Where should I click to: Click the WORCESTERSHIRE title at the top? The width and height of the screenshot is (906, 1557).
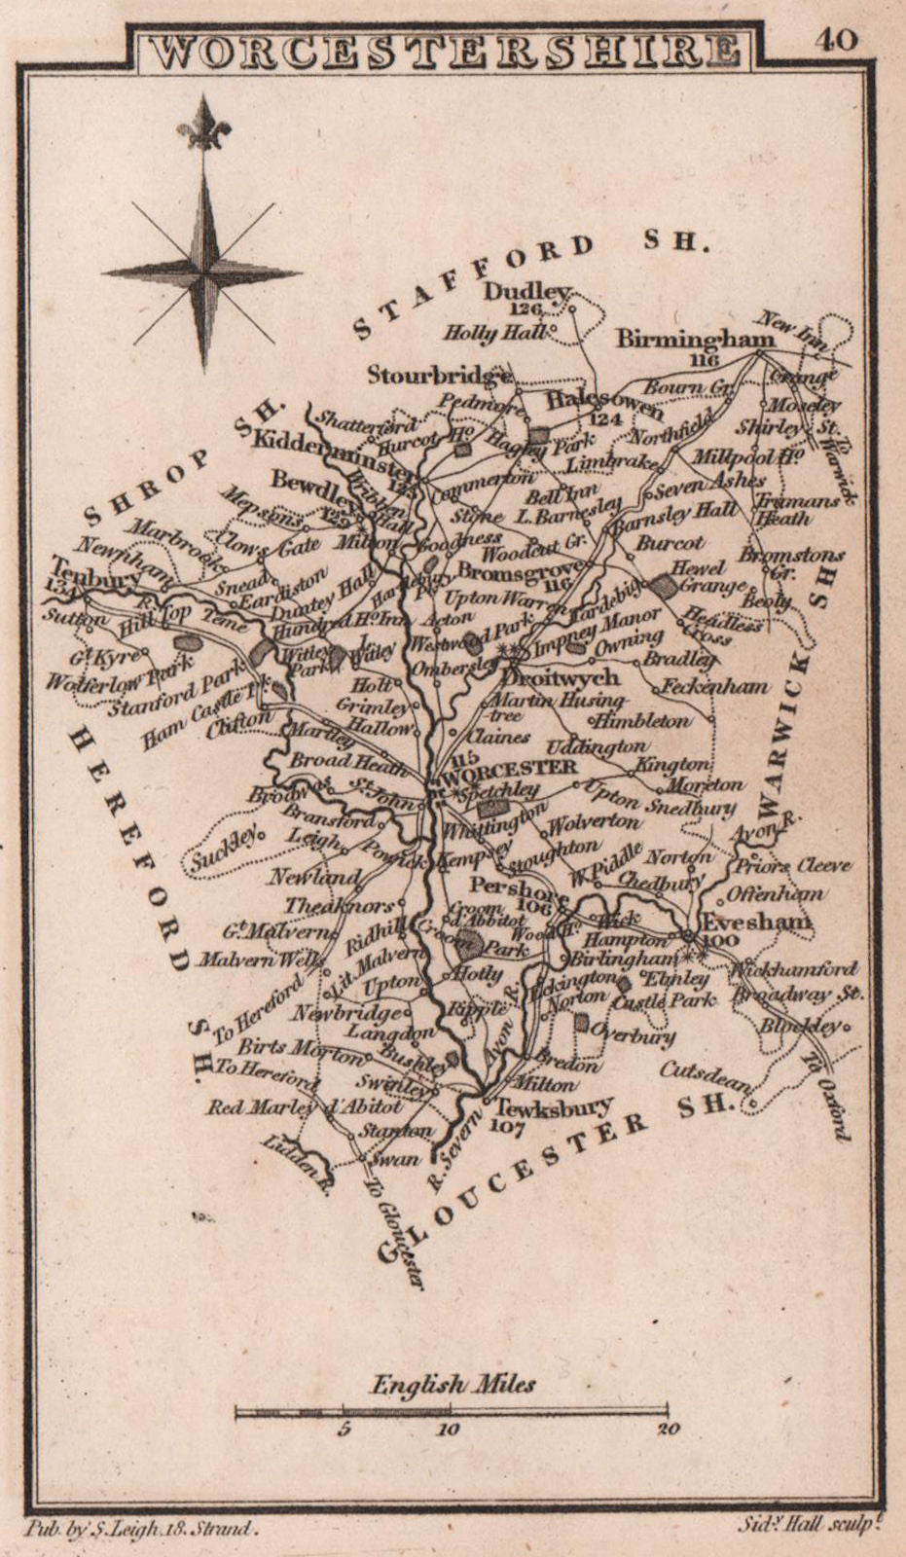tap(444, 52)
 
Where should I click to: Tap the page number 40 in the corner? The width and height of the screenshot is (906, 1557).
tap(836, 40)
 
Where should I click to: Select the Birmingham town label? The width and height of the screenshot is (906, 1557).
tap(696, 339)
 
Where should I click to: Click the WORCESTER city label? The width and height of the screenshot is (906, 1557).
tap(510, 767)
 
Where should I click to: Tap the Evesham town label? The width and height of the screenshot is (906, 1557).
tap(757, 921)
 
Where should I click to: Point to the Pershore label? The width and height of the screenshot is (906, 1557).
tap(512, 887)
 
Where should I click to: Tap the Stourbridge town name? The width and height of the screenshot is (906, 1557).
tap(439, 374)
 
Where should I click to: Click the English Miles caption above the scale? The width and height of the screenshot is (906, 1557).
tap(453, 1383)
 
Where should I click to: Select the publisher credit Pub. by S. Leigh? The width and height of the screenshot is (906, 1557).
tap(142, 1529)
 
